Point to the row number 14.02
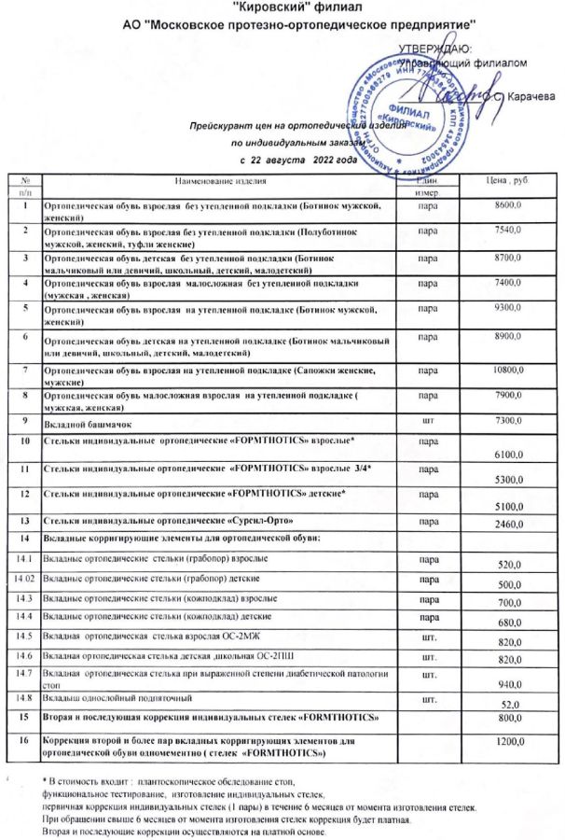[x=24, y=580]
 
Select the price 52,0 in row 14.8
[x=511, y=704]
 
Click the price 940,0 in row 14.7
[x=511, y=683]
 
